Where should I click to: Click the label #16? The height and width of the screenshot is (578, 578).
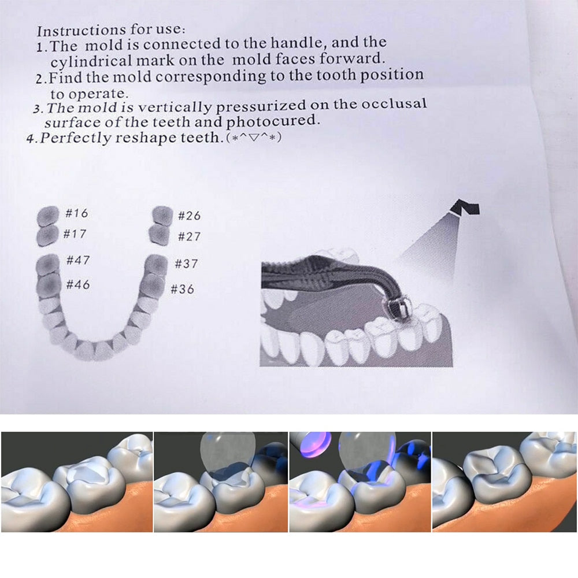pos(76,213)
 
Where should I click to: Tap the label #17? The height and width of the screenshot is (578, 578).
pos(75,234)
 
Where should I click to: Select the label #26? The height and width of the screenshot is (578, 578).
pos(189,216)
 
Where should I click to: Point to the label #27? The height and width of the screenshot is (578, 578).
pos(189,236)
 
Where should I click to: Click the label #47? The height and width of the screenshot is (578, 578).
pos(78,260)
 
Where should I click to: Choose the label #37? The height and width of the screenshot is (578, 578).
pos(186,264)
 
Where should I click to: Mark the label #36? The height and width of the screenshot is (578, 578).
pos(183,289)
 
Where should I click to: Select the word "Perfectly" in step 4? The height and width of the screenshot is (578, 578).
pos(73,138)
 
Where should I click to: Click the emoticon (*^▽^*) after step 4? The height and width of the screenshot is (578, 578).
pos(254,137)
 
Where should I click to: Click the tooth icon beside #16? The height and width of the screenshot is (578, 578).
pos(47,215)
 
